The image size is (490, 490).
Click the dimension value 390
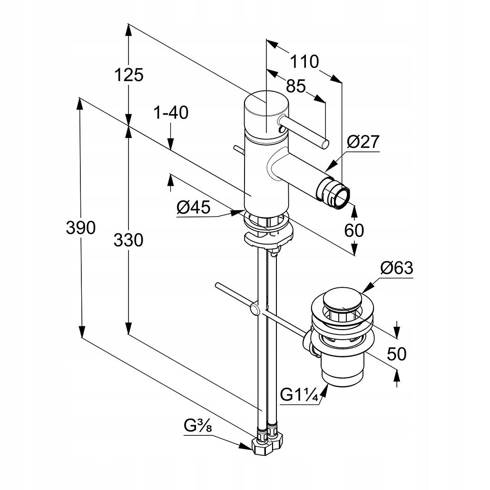point(80,228)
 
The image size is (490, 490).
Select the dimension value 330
point(128,240)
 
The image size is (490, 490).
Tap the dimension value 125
point(128,75)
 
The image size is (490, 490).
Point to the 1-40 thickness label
point(170,113)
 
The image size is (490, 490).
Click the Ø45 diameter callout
point(193,207)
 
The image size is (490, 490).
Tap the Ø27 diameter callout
point(363,141)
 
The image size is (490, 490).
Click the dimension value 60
point(354,230)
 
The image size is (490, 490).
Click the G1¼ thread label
point(299,395)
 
